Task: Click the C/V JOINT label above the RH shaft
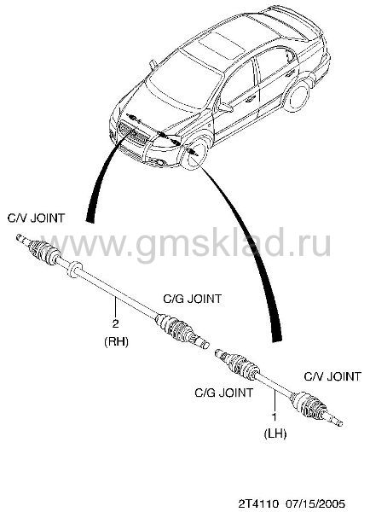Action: [36, 218]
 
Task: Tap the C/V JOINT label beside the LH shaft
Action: [332, 376]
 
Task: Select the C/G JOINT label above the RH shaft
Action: [192, 299]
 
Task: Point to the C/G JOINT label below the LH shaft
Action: [224, 393]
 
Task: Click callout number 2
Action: [115, 324]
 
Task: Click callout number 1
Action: [275, 416]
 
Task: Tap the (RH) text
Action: [117, 341]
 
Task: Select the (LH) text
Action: [275, 434]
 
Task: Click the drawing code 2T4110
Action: [257, 503]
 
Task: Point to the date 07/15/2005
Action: [315, 503]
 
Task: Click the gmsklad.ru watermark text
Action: [190, 243]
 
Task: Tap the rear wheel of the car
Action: [298, 96]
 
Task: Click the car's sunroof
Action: [222, 45]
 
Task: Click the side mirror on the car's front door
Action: [225, 108]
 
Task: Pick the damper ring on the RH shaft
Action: [74, 270]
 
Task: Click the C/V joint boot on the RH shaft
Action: [44, 252]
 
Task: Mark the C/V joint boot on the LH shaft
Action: [308, 405]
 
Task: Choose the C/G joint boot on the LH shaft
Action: [240, 366]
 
